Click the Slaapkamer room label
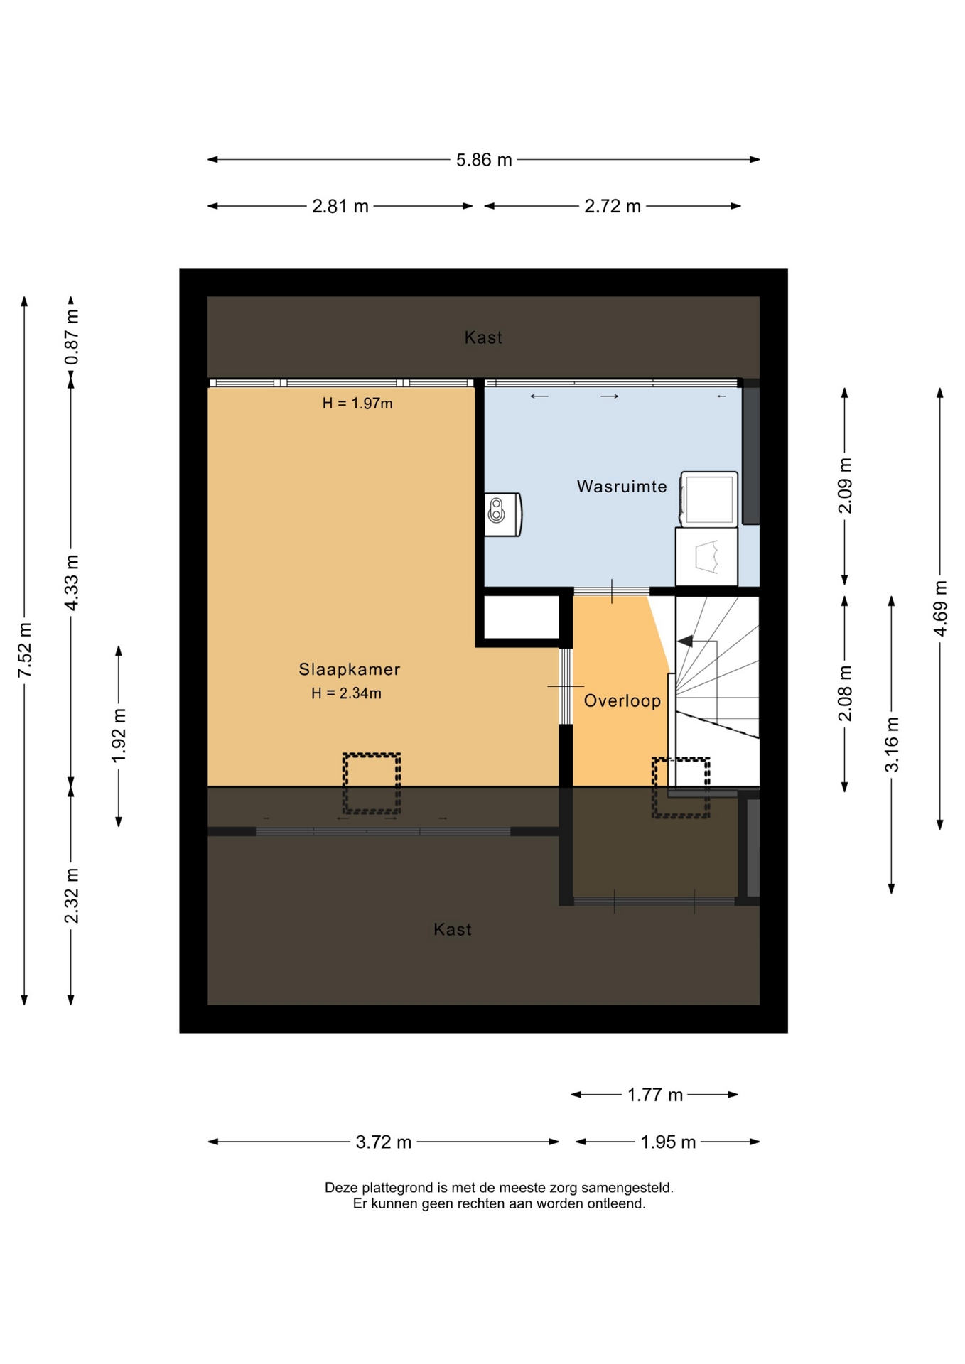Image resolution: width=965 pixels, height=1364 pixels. (x=350, y=669)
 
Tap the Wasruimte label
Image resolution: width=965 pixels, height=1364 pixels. (x=622, y=487)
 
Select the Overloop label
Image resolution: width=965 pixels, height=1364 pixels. (x=622, y=701)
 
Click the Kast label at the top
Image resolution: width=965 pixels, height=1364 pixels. (x=483, y=337)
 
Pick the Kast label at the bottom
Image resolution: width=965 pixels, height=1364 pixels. (x=453, y=929)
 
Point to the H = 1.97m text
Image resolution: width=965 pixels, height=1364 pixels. (x=357, y=404)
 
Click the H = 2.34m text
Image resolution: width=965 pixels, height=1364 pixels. (x=346, y=693)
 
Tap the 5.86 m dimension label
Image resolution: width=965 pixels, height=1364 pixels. (x=484, y=160)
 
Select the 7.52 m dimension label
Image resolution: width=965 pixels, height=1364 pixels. (x=25, y=650)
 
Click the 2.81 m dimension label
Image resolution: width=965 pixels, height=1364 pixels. (x=340, y=207)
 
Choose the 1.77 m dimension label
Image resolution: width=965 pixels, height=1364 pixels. (x=654, y=1095)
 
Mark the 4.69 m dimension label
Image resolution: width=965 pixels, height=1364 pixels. (x=940, y=609)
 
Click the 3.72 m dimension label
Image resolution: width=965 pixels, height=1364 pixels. (x=384, y=1142)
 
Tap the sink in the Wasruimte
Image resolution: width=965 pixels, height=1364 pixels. (x=503, y=514)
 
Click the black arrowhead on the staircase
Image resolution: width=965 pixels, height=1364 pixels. (x=685, y=642)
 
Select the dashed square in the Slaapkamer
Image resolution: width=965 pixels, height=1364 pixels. (x=372, y=784)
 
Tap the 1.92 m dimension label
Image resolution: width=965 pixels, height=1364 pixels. (x=119, y=735)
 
